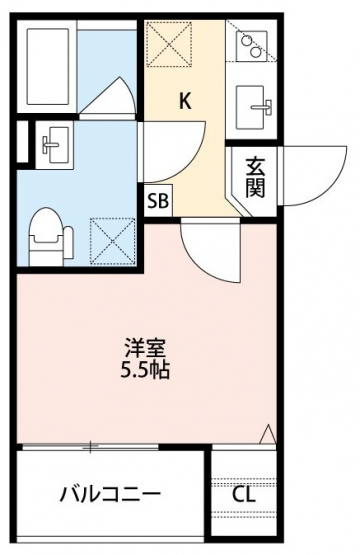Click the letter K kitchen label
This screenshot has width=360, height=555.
[x=185, y=101]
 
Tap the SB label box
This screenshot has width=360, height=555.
[x=158, y=201]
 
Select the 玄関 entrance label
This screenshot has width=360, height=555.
[x=255, y=178]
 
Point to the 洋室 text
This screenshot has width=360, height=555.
[x=145, y=348]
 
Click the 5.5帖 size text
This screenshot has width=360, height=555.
[x=145, y=370]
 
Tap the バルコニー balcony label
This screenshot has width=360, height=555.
[x=110, y=494]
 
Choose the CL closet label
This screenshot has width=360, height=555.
[x=244, y=494]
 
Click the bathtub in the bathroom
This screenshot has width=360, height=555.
[x=48, y=67]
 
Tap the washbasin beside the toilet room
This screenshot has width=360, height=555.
[x=55, y=145]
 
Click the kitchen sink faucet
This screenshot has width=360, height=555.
[x=263, y=106]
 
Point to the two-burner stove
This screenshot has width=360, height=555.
[x=252, y=42]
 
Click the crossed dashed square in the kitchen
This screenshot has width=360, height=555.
[x=169, y=44]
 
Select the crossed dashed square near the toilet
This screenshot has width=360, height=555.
[x=113, y=241]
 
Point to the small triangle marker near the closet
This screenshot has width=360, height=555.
[x=268, y=434]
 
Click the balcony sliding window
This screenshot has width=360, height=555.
[x=90, y=447]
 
